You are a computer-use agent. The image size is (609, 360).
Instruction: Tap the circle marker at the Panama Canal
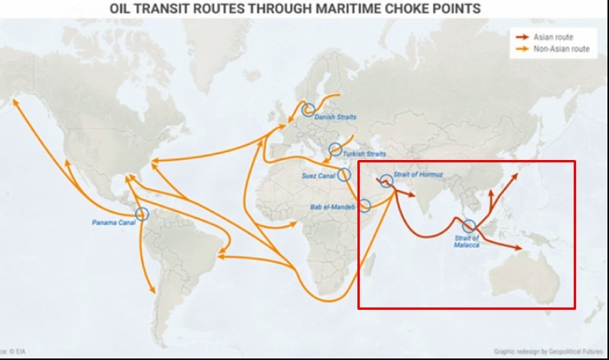click(x=142, y=213)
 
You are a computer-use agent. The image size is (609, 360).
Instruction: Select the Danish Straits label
click(x=335, y=118)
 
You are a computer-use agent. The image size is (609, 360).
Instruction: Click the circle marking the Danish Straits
click(x=309, y=110)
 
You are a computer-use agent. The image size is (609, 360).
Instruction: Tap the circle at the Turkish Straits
click(x=335, y=149)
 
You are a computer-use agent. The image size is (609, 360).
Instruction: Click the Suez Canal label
click(x=318, y=176)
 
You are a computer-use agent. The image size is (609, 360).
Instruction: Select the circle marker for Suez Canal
click(x=344, y=174)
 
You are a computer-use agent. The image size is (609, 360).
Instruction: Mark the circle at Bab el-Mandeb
click(x=364, y=205)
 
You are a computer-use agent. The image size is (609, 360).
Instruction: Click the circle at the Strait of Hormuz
click(x=386, y=180)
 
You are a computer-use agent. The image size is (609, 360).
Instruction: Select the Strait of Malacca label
click(x=466, y=242)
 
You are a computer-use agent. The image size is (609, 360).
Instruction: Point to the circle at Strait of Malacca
click(x=469, y=226)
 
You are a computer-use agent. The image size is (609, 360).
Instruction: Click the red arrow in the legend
click(x=521, y=36)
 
